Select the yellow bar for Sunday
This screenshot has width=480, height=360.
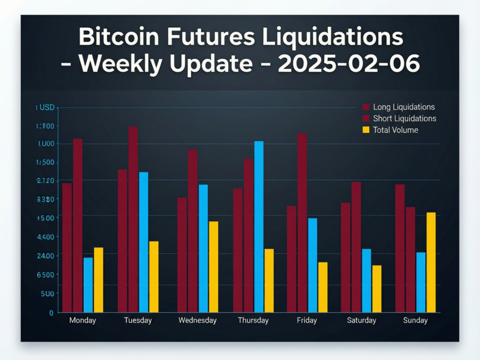(x=431, y=262)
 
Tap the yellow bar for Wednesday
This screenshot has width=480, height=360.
(x=213, y=267)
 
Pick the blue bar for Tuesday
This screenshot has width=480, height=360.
(x=143, y=242)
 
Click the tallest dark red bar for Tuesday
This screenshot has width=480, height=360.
(x=133, y=219)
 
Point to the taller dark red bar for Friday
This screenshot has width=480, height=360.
(x=302, y=223)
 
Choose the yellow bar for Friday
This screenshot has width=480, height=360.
(x=322, y=287)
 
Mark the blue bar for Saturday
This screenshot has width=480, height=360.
(x=367, y=280)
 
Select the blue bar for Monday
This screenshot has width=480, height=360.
(x=88, y=285)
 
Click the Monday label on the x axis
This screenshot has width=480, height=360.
(x=82, y=321)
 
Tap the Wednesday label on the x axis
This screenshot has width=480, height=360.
(x=197, y=321)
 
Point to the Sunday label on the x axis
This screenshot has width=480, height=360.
(x=415, y=321)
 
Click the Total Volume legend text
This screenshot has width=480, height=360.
(x=395, y=130)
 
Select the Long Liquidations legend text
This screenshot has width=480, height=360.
(x=404, y=107)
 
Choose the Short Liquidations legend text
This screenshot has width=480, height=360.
(x=405, y=118)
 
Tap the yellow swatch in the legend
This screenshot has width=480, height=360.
(x=366, y=130)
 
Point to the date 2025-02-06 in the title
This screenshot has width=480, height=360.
(x=349, y=64)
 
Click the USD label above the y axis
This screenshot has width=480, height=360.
(x=46, y=108)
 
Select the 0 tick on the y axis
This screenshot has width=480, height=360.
(x=52, y=313)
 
